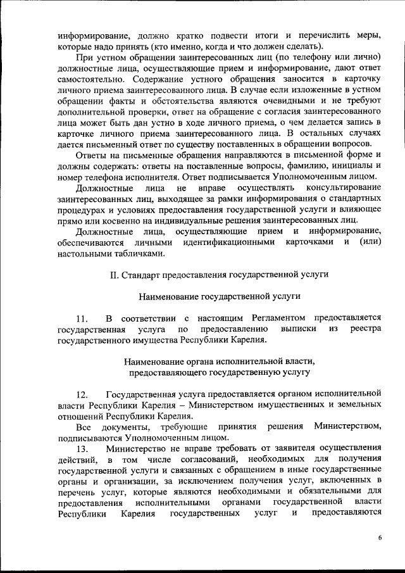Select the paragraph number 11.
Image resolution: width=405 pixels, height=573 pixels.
click(81, 317)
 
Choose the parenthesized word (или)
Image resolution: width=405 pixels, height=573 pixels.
click(370, 242)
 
